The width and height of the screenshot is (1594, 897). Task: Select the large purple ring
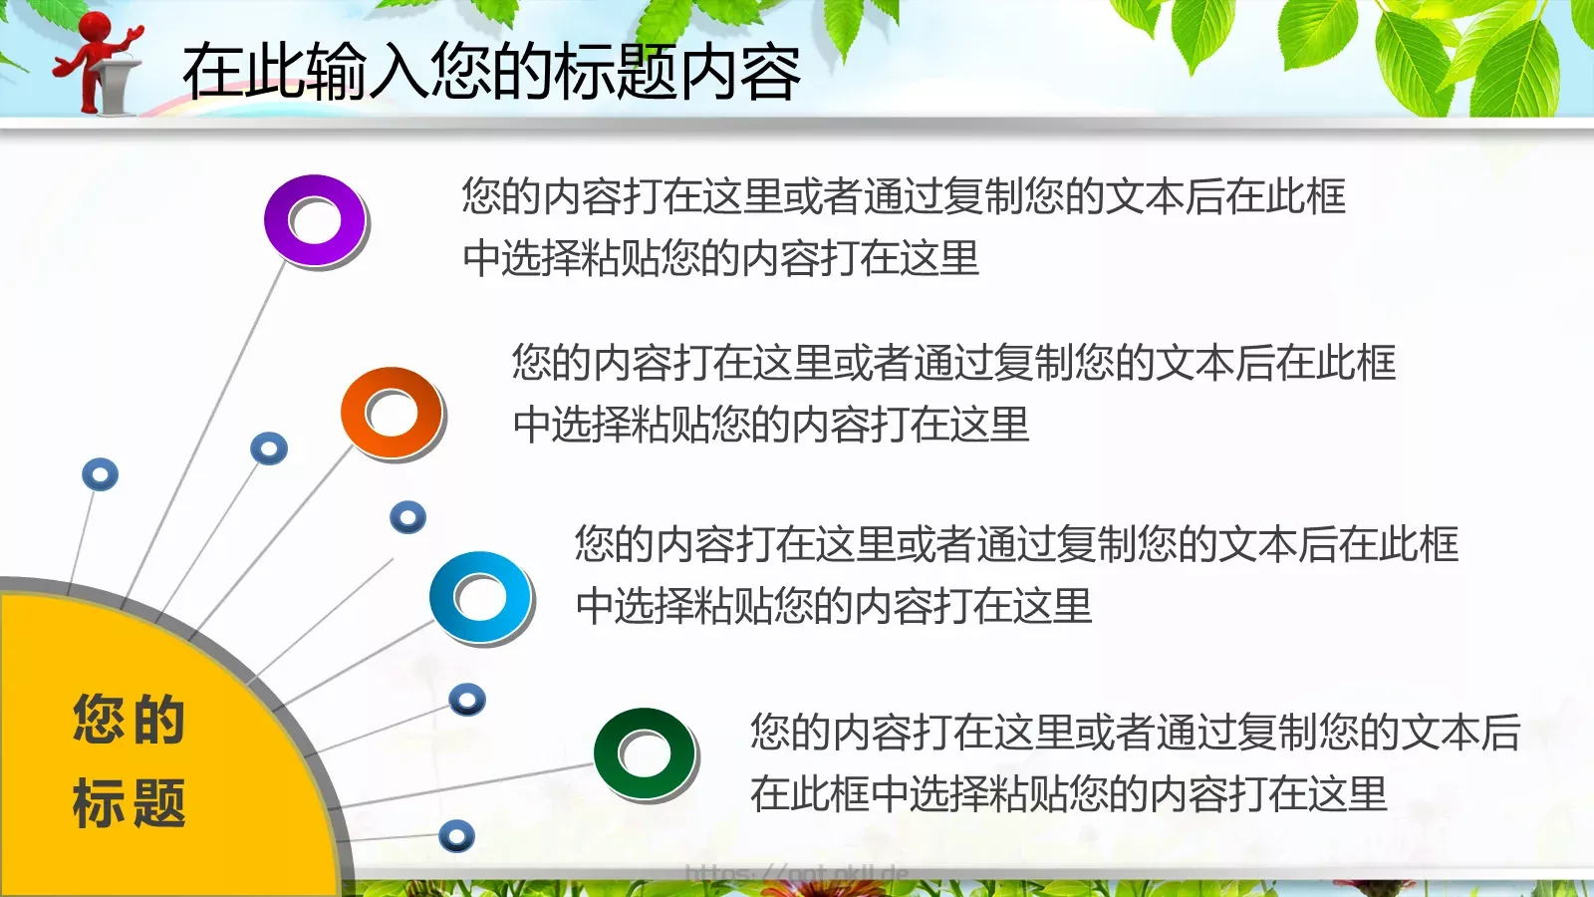coord(315,220)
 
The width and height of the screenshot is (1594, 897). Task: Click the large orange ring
coord(392,413)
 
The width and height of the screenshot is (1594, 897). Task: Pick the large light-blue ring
coord(480,597)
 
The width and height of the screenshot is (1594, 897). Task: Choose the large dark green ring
coord(645,753)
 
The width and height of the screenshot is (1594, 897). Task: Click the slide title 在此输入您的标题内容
coord(491,72)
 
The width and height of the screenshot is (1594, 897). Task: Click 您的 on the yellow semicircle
coord(129,719)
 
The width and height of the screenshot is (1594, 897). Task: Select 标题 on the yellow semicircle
coord(129,803)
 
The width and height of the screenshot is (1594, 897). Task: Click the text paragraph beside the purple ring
coord(903,226)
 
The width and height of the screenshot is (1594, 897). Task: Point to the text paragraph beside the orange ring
coord(952,393)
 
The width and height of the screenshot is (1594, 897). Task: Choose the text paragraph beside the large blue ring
coord(1015,574)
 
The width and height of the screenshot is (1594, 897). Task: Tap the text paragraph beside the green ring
coord(1135,762)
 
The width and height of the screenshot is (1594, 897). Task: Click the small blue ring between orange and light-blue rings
coord(407,517)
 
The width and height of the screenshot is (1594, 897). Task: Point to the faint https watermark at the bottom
coord(797,875)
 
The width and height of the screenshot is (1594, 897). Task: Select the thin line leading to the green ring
coord(468,785)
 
